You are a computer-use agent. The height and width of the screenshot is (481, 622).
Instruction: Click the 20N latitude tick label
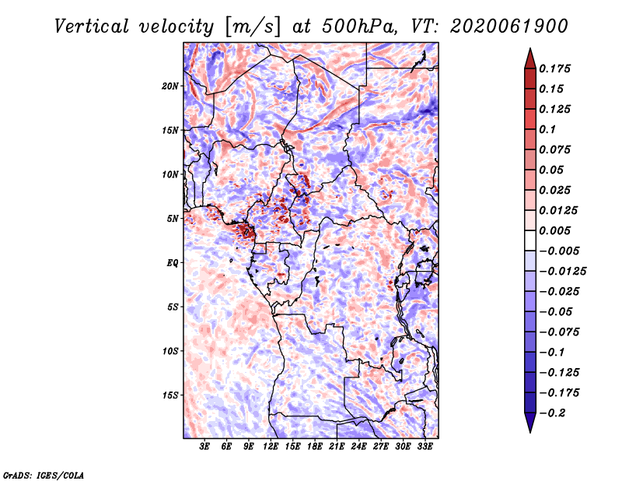(x=170, y=86)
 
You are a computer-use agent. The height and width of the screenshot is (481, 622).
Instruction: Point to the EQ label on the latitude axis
(x=173, y=263)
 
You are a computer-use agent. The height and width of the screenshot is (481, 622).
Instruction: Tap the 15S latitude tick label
(x=170, y=395)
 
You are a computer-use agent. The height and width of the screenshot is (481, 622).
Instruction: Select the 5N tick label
(x=173, y=219)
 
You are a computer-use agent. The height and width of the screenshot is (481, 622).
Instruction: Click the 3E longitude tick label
(x=204, y=447)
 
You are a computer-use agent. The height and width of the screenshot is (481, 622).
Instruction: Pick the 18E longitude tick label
(x=315, y=447)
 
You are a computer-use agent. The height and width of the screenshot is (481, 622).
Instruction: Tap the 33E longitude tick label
(x=425, y=447)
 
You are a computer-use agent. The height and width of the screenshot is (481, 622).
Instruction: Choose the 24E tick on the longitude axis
(x=358, y=447)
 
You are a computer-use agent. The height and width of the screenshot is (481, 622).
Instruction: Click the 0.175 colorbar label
(x=554, y=68)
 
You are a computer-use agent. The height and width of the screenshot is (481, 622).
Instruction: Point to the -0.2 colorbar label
(x=552, y=413)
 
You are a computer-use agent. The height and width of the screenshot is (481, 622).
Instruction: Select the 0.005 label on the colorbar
(x=554, y=230)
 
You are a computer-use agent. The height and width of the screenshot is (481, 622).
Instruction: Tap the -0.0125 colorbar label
(x=562, y=272)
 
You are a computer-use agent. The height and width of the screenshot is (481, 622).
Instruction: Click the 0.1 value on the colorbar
(x=547, y=129)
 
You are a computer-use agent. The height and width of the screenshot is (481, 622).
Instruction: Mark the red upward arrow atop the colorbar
(x=530, y=58)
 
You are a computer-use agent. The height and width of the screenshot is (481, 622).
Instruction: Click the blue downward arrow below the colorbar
(x=530, y=423)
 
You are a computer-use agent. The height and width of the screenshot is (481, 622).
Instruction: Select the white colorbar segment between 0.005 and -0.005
(x=530, y=240)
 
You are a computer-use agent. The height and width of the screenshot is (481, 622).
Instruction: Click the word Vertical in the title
(x=92, y=26)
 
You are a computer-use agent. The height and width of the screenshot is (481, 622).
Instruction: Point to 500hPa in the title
(x=360, y=26)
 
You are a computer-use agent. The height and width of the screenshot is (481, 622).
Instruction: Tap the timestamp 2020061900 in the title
(x=509, y=26)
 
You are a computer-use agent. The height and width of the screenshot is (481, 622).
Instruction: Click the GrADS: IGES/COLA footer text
(x=44, y=476)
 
